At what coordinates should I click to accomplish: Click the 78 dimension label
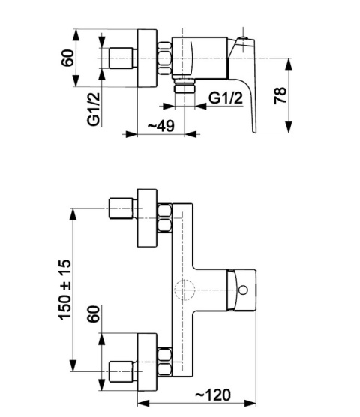[x=280, y=95]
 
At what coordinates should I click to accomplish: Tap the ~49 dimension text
[x=161, y=126]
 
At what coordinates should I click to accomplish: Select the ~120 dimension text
[x=213, y=394]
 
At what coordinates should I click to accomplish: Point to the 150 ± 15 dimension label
[x=64, y=289]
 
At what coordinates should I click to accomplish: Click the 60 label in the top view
[x=67, y=58]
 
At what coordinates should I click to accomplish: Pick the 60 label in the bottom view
[x=94, y=313]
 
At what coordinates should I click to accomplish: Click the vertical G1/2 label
[x=94, y=109]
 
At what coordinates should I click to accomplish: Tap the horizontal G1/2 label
[x=226, y=97]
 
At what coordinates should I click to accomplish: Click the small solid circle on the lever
[x=243, y=289]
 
